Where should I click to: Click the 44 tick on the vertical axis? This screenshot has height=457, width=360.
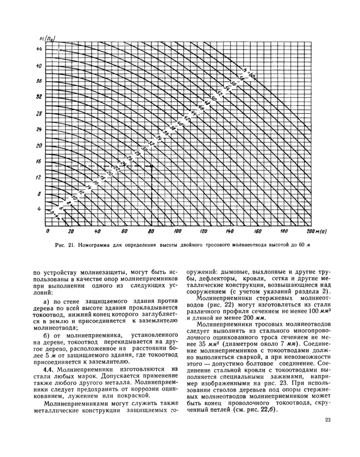pyautogui.click(x=39, y=49)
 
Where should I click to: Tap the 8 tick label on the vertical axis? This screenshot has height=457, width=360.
pyautogui.click(x=40, y=194)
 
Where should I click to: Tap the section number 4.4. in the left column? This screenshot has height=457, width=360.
pyautogui.click(x=49, y=369)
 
